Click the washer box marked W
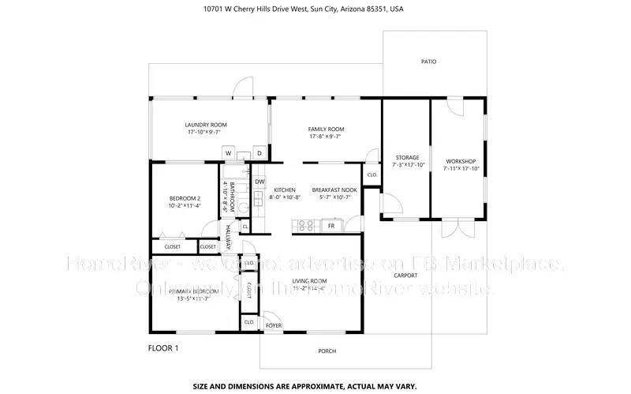pyautogui.click(x=228, y=152)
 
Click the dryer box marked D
pyautogui.click(x=258, y=152)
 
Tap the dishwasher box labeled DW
pyautogui.click(x=259, y=182)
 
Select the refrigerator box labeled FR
pyautogui.click(x=331, y=226)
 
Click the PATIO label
pyautogui.click(x=428, y=62)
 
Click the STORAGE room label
pyautogui.click(x=407, y=157)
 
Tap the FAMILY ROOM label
pyautogui.click(x=326, y=129)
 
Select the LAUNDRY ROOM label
pyautogui.click(x=206, y=125)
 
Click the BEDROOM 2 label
pyautogui.click(x=185, y=198)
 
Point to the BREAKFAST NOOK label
pyautogui.click(x=334, y=190)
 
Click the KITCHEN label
pyautogui.click(x=284, y=190)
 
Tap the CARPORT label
pyautogui.click(x=405, y=276)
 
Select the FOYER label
pyautogui.click(x=273, y=325)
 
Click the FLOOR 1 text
pyautogui.click(x=163, y=347)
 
